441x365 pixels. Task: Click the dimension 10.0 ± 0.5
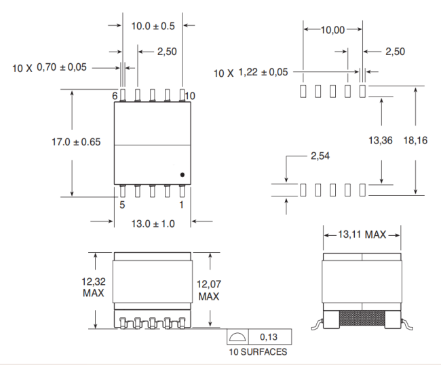click(153, 26)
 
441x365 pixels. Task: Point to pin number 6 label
click(115, 96)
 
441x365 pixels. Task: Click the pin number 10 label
click(189, 96)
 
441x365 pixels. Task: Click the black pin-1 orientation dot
click(183, 175)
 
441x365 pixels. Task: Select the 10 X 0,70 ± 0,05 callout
click(52, 67)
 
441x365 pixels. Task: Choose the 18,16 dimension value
click(415, 141)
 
